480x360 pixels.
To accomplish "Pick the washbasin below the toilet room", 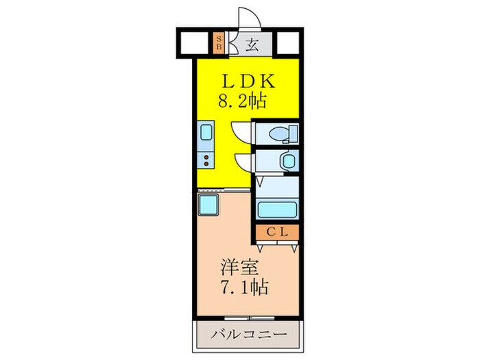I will (287, 161).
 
